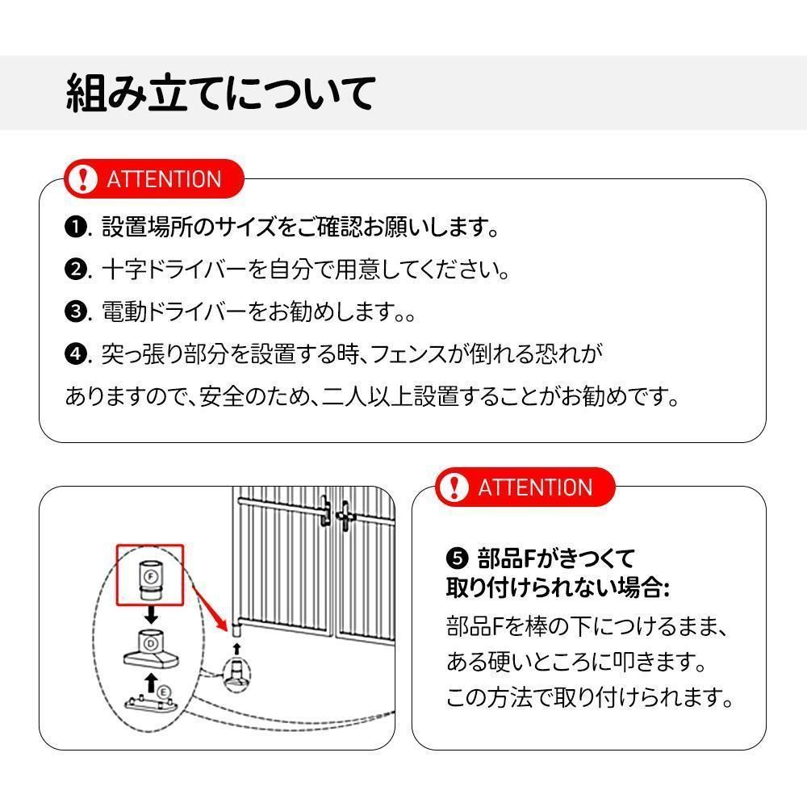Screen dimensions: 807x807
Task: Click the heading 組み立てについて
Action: [x=220, y=93]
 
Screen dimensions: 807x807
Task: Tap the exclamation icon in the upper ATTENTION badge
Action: [x=82, y=179]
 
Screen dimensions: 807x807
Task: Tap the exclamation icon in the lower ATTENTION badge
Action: [x=457, y=487]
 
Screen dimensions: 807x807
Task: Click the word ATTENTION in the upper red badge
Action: [x=164, y=179]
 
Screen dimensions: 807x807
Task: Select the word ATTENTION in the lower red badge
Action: [x=535, y=487]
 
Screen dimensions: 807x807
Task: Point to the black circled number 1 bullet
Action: [x=75, y=228]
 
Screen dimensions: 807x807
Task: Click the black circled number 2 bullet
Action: [x=75, y=270]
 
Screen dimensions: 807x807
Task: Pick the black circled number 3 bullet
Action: [x=75, y=312]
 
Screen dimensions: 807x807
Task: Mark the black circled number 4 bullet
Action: [x=75, y=354]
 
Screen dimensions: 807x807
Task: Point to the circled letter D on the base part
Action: [x=150, y=644]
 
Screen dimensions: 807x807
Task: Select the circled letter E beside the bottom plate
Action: [x=163, y=692]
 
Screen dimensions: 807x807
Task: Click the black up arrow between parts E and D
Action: [x=150, y=683]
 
